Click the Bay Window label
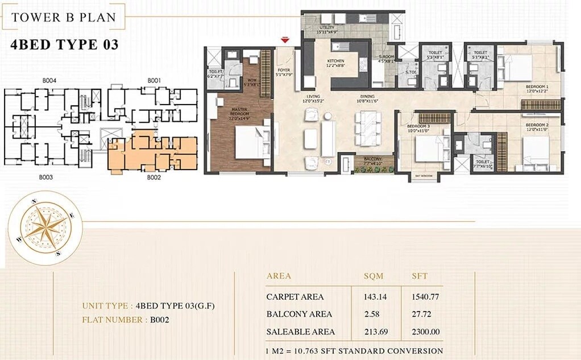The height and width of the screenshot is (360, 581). (x=423, y=177)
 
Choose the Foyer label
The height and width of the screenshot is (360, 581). (x=284, y=72)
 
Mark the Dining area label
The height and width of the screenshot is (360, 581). (x=366, y=98)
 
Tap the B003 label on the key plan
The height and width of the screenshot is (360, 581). (x=46, y=177)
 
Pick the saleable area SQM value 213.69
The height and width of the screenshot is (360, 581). (x=374, y=332)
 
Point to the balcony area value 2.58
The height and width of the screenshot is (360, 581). (x=373, y=314)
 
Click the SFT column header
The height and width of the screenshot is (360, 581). (x=420, y=276)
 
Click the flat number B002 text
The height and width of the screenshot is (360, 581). (x=160, y=320)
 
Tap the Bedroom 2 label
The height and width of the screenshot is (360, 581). (x=536, y=126)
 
